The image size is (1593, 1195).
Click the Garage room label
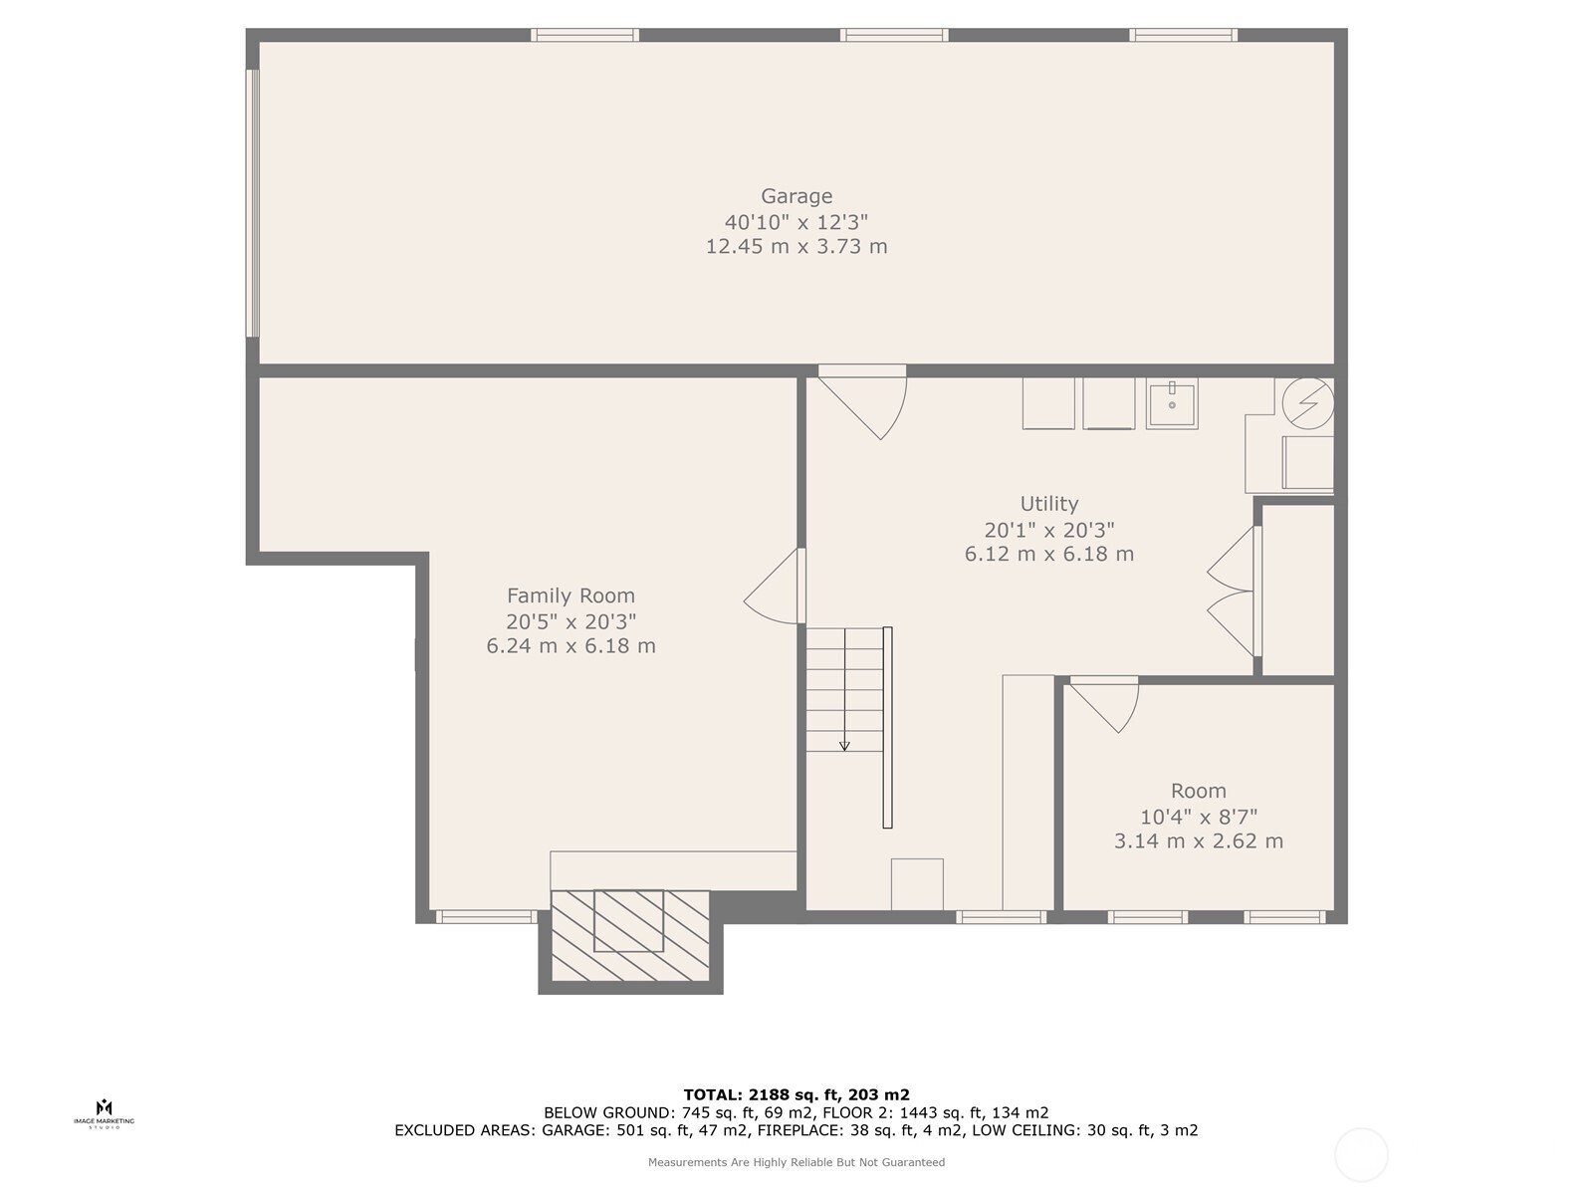[x=796, y=196]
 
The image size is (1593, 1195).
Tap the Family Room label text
[x=570, y=596]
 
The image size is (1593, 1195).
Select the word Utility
[x=1048, y=504]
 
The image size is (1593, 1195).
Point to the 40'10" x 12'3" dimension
[x=796, y=221]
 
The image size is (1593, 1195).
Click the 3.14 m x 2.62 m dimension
[x=1198, y=840]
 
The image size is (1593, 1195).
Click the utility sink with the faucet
[x=1171, y=404]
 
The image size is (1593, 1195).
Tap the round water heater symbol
[x=1308, y=403]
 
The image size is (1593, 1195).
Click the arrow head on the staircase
[x=844, y=745]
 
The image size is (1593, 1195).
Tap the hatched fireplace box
[x=630, y=935]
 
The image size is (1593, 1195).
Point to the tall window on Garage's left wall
[x=252, y=203]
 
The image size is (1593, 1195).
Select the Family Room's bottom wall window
[x=486, y=917]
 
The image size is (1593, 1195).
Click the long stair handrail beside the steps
[x=887, y=727]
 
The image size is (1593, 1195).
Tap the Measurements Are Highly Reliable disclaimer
[x=796, y=1162]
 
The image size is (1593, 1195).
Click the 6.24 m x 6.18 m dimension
[x=570, y=645]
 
